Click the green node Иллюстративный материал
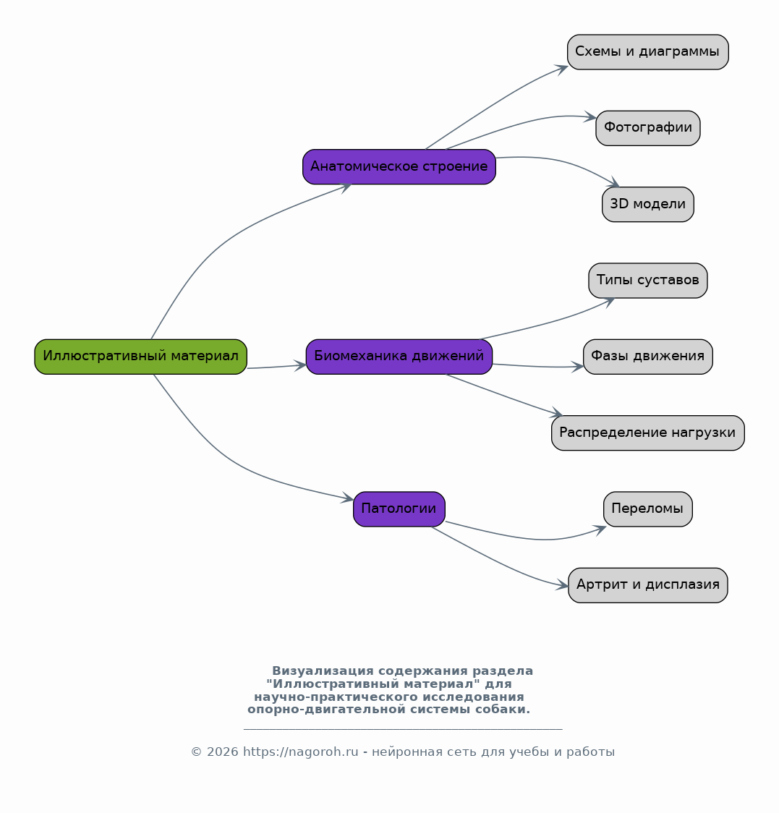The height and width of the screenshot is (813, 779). click(x=140, y=357)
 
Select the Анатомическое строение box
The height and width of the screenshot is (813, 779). click(x=399, y=167)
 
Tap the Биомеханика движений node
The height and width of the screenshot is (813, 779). click(x=399, y=357)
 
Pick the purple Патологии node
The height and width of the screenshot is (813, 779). click(x=399, y=509)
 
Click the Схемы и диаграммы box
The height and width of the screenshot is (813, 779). click(x=648, y=52)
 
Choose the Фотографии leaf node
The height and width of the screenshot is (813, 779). click(x=648, y=128)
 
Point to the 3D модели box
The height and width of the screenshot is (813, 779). click(x=648, y=204)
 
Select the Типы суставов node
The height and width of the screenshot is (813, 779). click(x=648, y=281)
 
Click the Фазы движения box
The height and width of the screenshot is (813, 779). click(x=648, y=357)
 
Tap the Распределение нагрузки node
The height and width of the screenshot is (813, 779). click(x=648, y=433)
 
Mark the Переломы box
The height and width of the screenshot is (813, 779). click(x=648, y=509)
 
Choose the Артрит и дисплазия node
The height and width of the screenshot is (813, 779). click(x=648, y=585)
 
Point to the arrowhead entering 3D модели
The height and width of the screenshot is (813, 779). click(x=613, y=183)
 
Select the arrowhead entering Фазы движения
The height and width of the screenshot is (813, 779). click(x=578, y=367)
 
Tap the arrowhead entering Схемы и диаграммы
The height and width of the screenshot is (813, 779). click(x=562, y=69)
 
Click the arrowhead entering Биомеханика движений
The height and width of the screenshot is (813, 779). click(x=300, y=365)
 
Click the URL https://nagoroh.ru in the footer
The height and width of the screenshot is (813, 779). click(x=300, y=752)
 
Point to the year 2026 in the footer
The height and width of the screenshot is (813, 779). click(x=223, y=752)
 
